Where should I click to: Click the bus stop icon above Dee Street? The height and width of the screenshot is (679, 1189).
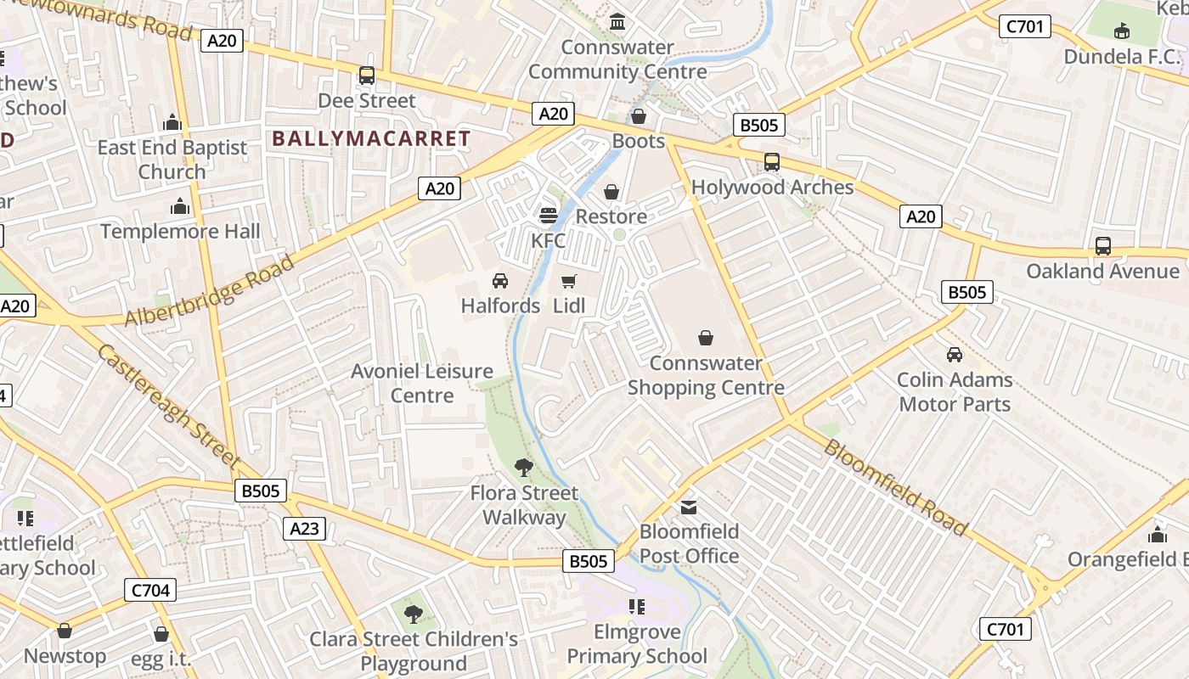click(x=367, y=76)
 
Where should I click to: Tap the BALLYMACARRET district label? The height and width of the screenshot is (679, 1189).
click(x=371, y=139)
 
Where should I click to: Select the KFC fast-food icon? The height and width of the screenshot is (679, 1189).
click(x=549, y=216)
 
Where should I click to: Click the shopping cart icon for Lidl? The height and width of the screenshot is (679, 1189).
click(x=569, y=281)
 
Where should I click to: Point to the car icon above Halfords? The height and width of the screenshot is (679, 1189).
click(x=500, y=281)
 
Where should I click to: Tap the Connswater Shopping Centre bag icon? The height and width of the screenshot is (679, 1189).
click(x=705, y=339)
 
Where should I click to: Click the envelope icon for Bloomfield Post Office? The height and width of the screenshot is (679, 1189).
click(x=688, y=507)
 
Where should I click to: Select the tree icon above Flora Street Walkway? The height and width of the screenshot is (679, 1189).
click(x=524, y=466)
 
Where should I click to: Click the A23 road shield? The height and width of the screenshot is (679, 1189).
click(x=304, y=529)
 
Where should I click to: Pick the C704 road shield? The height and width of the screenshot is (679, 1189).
click(x=150, y=590)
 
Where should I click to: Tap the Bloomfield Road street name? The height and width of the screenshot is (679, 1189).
click(x=895, y=488)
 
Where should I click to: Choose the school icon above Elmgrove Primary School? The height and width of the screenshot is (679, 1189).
click(x=636, y=607)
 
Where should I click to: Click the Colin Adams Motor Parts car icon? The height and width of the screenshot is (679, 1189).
click(x=955, y=355)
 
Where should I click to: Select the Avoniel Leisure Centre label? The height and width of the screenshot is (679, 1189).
click(x=422, y=383)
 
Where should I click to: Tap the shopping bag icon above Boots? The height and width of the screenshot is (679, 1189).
click(x=638, y=116)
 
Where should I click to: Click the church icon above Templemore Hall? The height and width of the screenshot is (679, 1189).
click(x=180, y=206)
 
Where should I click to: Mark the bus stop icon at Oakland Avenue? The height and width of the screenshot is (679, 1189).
click(x=1102, y=246)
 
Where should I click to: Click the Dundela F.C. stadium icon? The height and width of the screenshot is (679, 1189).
click(x=1121, y=32)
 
